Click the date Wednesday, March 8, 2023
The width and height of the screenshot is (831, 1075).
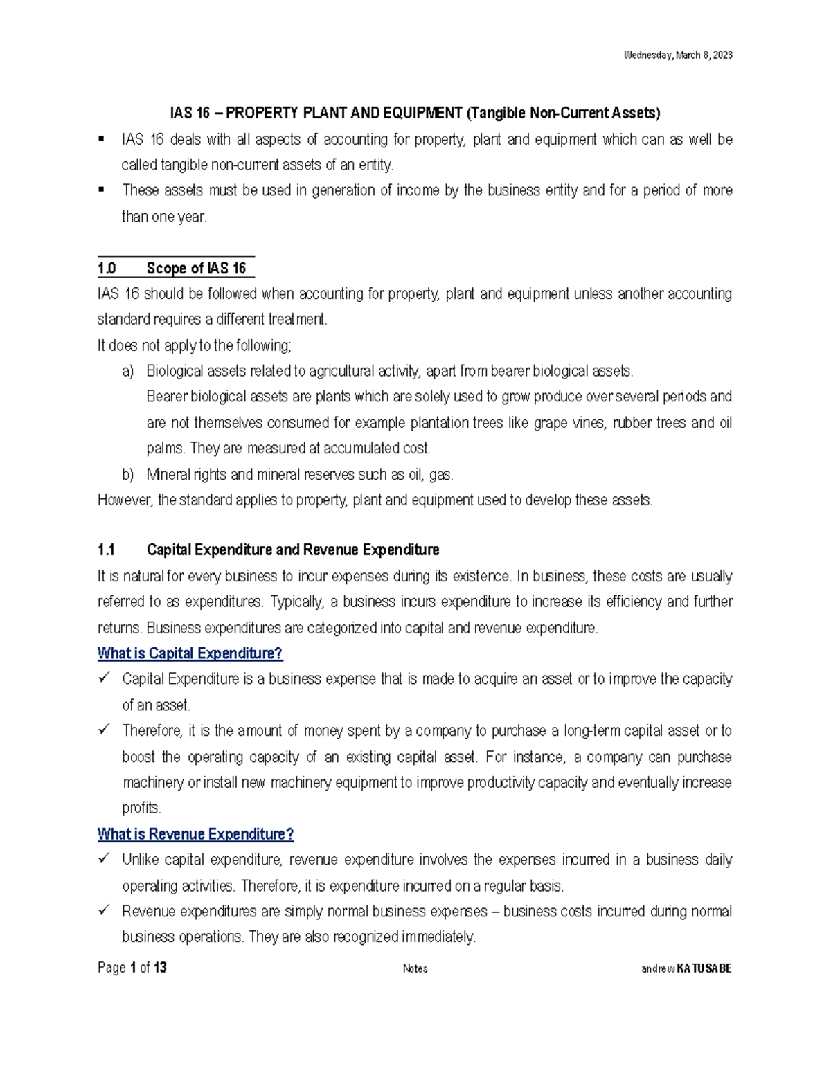click(x=678, y=55)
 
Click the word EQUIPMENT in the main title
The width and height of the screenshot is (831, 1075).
click(x=423, y=113)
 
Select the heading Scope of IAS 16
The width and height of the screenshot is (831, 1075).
click(x=196, y=269)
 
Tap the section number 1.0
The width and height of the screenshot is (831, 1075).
click(x=107, y=269)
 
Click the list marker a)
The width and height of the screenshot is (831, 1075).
click(x=127, y=372)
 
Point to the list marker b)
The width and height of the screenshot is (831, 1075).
click(x=127, y=475)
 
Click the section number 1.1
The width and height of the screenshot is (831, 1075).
click(x=106, y=550)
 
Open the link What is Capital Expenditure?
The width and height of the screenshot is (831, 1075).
click(x=190, y=653)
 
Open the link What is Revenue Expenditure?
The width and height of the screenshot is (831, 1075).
click(x=195, y=834)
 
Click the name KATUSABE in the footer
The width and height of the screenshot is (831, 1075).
click(x=704, y=968)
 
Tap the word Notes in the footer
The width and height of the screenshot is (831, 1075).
click(x=415, y=968)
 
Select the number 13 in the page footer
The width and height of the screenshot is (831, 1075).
click(x=160, y=968)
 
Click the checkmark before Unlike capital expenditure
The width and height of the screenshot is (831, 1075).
click(x=105, y=858)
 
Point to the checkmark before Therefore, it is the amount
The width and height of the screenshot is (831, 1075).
click(x=105, y=730)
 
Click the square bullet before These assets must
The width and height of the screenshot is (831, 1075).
click(x=102, y=189)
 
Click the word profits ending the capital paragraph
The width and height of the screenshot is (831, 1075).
click(x=141, y=808)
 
